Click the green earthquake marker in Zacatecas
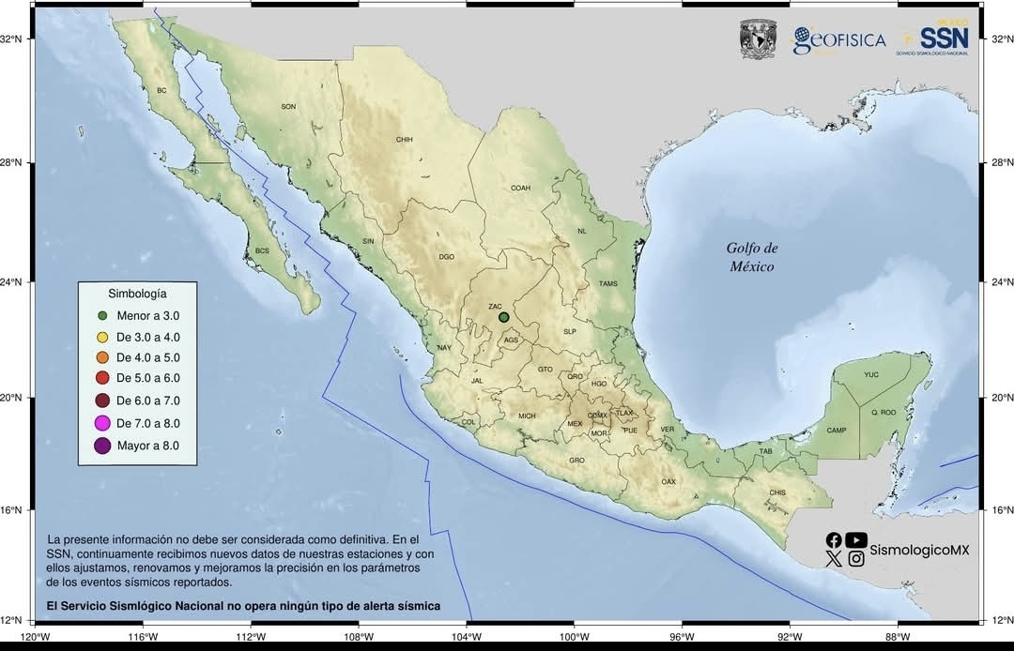click(504, 317)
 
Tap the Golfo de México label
click(752, 257)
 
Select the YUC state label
click(871, 374)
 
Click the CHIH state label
click(405, 139)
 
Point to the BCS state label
click(262, 250)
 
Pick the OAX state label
click(668, 481)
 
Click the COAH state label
click(520, 188)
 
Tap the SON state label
click(288, 106)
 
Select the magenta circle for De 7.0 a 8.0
click(103, 425)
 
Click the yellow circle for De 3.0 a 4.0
click(103, 337)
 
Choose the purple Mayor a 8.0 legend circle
click(103, 446)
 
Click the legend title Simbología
click(137, 294)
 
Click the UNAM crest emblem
click(759, 38)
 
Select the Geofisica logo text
click(839, 40)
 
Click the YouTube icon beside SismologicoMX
click(856, 539)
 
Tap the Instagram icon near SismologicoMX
click(856, 559)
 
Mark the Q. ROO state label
click(883, 412)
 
